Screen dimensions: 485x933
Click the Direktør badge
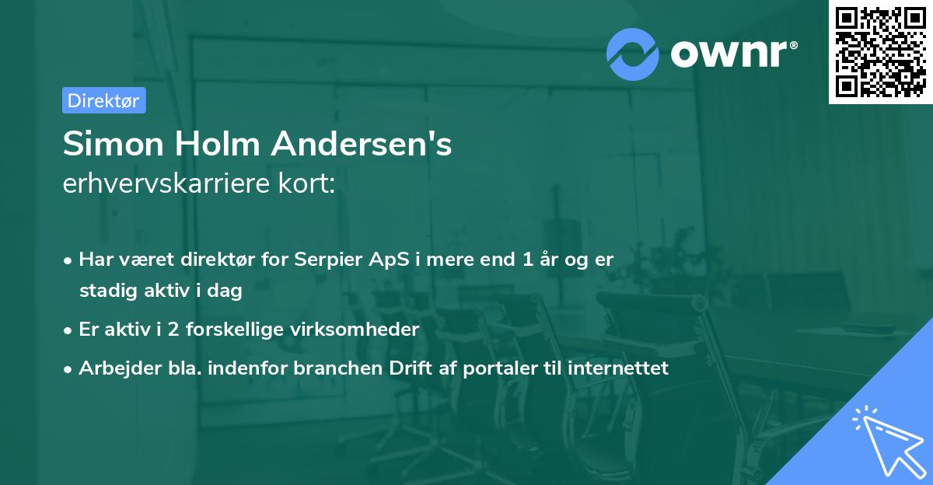pos(103,100)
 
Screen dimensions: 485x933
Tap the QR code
pos(880,51)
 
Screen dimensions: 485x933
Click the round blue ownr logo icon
pos(633,54)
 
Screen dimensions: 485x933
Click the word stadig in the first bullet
pos(105,291)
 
